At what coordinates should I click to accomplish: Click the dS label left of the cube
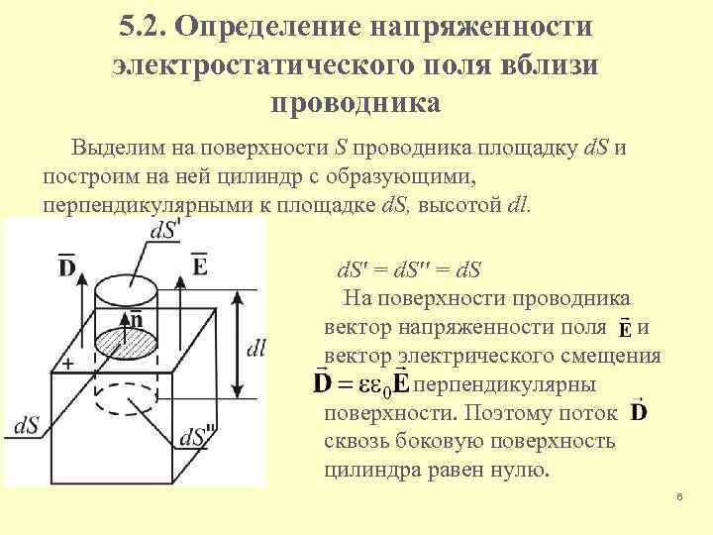point(27,425)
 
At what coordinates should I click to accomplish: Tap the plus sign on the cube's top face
point(67,364)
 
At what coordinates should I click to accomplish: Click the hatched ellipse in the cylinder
point(127,343)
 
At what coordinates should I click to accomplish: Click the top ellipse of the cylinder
point(126,283)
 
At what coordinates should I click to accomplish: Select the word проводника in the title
point(356,102)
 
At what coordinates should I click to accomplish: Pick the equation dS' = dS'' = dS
point(408,269)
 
